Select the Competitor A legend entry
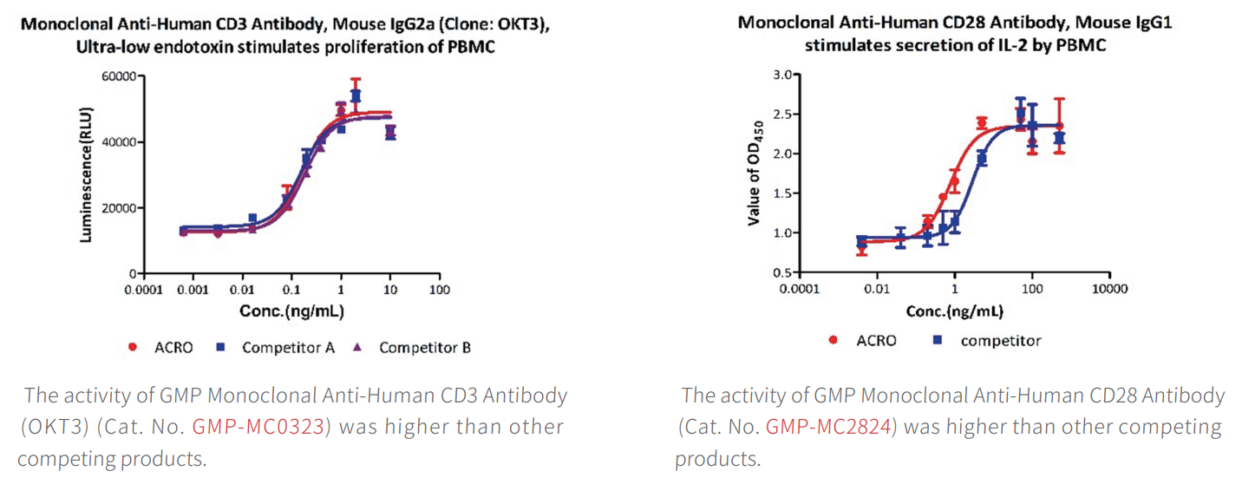[x=288, y=348]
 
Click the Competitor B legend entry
[x=424, y=348]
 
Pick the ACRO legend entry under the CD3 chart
[x=173, y=348]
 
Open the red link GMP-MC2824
[x=828, y=427]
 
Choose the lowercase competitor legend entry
[x=1000, y=340]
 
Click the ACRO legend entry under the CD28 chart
[x=876, y=340]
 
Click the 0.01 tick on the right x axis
[x=877, y=289]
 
